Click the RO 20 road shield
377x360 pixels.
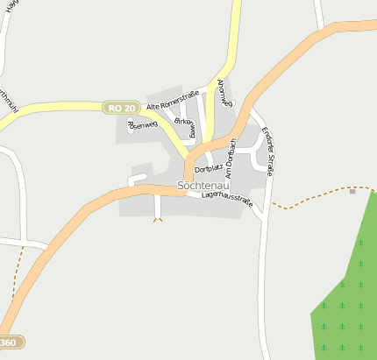(x=121, y=107)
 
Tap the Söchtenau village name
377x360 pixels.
(x=203, y=186)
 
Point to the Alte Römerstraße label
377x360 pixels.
(x=174, y=99)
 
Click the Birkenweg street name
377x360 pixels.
(x=184, y=128)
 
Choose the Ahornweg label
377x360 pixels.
(x=224, y=93)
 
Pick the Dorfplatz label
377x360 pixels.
(x=209, y=167)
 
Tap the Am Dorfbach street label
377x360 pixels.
(x=230, y=159)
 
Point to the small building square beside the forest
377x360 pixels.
(x=352, y=191)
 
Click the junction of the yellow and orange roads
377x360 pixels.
(x=188, y=165)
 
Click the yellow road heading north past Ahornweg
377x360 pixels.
(x=233, y=35)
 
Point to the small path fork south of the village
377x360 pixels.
(x=158, y=218)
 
